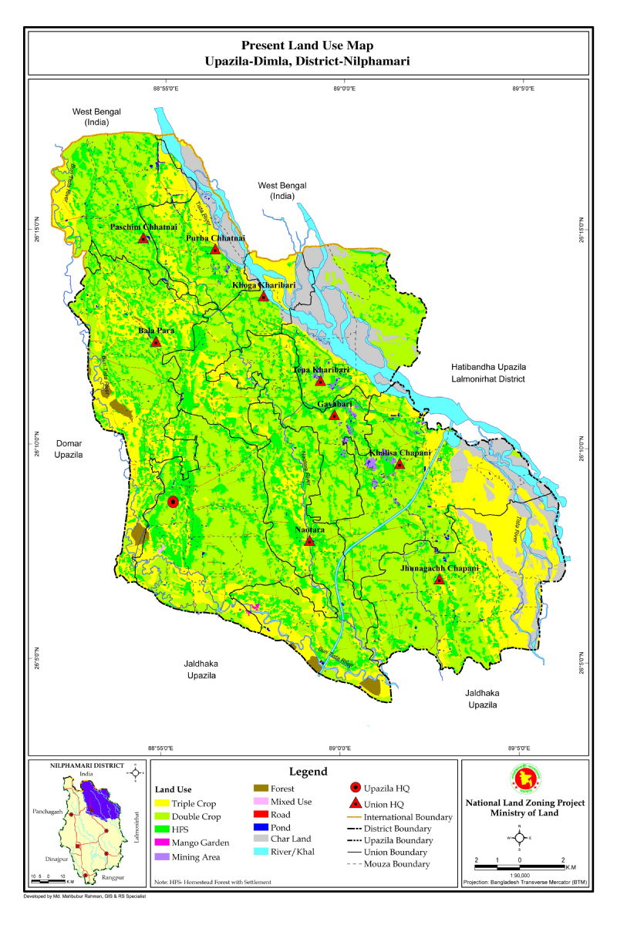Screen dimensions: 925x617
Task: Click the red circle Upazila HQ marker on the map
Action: click(x=173, y=501)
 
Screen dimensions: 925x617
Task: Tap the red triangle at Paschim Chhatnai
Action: click(x=143, y=239)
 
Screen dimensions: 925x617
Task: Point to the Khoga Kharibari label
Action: click(x=264, y=285)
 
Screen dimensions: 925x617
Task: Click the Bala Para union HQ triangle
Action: click(x=156, y=342)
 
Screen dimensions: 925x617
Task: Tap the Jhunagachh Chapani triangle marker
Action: click(x=439, y=580)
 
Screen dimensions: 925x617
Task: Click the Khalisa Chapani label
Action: click(x=399, y=452)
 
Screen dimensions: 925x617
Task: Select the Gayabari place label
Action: click(x=334, y=404)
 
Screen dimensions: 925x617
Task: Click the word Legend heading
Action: click(x=308, y=772)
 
